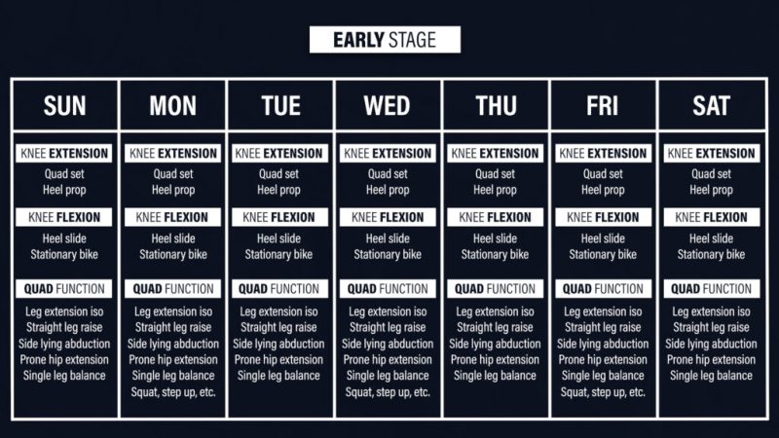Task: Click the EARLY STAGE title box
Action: click(x=385, y=40)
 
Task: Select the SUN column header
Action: click(x=64, y=106)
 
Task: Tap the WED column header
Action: click(x=387, y=106)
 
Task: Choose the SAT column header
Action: click(x=712, y=106)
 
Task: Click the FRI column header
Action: click(x=603, y=106)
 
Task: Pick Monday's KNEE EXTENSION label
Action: click(x=173, y=154)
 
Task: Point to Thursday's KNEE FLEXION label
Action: click(x=495, y=217)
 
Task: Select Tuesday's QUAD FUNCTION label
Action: click(x=279, y=289)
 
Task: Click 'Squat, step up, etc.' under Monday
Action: click(x=173, y=392)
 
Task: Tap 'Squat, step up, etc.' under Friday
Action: click(x=603, y=392)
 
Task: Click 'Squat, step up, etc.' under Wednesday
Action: click(x=388, y=392)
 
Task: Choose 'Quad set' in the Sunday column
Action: click(x=64, y=174)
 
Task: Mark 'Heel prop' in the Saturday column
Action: click(x=711, y=190)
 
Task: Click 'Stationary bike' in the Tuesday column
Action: click(x=278, y=255)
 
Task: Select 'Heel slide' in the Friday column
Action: click(x=603, y=238)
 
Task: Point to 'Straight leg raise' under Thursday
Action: click(x=495, y=328)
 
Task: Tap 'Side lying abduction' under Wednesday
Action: click(x=388, y=344)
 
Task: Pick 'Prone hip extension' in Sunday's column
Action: click(x=64, y=360)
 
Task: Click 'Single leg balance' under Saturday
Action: click(x=711, y=376)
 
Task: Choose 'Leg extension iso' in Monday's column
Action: click(x=173, y=311)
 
